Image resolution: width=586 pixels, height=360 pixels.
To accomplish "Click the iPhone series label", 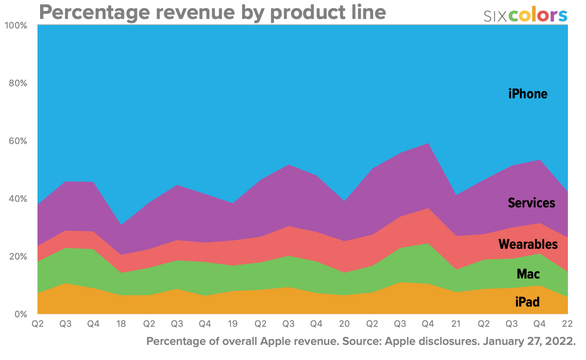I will (527, 94).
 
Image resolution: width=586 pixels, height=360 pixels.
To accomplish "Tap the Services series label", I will (531, 203).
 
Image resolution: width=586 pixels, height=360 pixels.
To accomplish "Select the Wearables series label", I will (528, 244).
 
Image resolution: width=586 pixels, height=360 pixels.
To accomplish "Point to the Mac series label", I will (528, 274).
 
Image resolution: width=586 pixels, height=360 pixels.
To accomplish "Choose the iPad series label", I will (527, 302).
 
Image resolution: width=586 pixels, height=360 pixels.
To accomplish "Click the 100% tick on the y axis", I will (16, 25).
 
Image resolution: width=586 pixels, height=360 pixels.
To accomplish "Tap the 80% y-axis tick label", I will (18, 83).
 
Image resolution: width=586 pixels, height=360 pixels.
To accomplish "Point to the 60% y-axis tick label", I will (18, 141).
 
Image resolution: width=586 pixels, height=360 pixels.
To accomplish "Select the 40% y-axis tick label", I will (18, 199).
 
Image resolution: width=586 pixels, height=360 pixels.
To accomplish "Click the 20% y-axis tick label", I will (18, 257).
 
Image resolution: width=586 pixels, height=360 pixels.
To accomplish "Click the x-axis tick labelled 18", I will (121, 324).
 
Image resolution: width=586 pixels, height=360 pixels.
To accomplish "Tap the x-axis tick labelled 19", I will (232, 324).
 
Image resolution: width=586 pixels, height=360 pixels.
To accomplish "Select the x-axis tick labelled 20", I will (344, 324).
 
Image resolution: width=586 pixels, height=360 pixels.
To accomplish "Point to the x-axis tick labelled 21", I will (455, 324).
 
